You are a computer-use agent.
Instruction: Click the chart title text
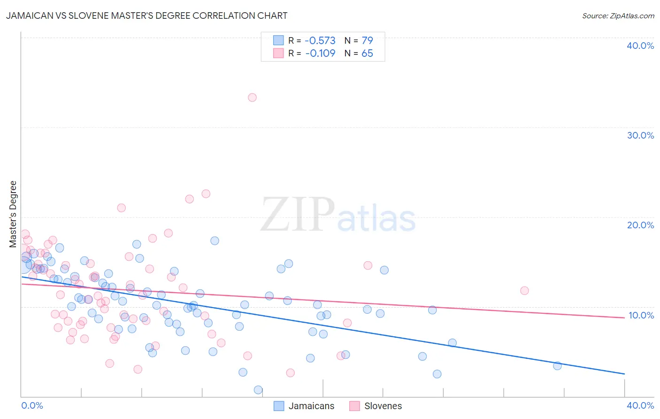click(x=146, y=16)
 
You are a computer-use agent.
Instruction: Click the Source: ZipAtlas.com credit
click(x=618, y=16)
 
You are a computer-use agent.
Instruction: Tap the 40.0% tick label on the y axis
click(x=640, y=46)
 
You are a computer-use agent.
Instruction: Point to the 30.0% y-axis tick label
click(x=640, y=135)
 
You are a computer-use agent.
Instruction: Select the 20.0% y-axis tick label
click(x=640, y=225)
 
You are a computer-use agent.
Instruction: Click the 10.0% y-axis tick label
click(x=641, y=315)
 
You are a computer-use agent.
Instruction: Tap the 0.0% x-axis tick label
click(x=32, y=405)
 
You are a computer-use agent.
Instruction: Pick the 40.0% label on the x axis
click(x=640, y=405)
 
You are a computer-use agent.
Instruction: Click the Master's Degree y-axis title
click(x=13, y=214)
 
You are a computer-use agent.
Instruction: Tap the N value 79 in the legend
click(x=367, y=40)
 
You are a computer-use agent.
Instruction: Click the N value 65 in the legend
click(x=367, y=53)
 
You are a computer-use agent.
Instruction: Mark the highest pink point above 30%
click(x=252, y=98)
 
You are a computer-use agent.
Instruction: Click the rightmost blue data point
click(x=557, y=366)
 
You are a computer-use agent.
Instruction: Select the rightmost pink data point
click(x=524, y=291)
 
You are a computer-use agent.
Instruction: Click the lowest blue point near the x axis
click(x=258, y=390)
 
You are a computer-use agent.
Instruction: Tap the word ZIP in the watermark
click(x=298, y=215)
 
